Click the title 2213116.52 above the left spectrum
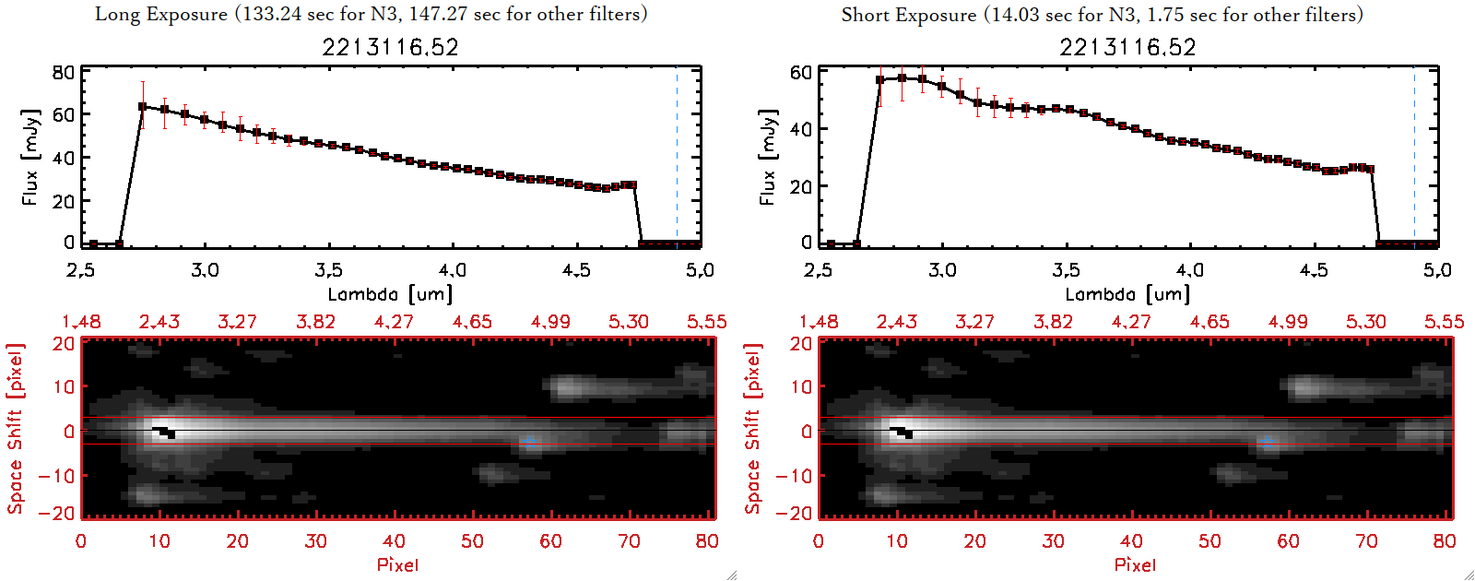tap(390, 47)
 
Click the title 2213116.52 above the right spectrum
tap(1127, 47)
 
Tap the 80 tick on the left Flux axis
tap(64, 72)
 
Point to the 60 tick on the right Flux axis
tap(801, 72)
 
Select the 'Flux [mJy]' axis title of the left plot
tap(30, 157)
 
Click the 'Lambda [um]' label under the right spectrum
tap(1127, 294)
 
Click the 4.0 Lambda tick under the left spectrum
tap(452, 270)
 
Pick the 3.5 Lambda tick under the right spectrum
tap(1066, 270)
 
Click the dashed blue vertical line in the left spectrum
tap(677, 157)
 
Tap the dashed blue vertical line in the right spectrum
tap(1414, 157)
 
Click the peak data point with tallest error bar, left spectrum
tap(142, 107)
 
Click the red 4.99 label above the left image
tap(550, 322)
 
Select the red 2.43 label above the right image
tap(897, 322)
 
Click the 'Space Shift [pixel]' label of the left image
tap(15, 429)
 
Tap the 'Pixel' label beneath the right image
tap(1135, 564)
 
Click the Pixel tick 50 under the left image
tap(472, 541)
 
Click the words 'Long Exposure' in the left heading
tap(161, 14)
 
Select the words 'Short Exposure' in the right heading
tap(908, 15)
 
